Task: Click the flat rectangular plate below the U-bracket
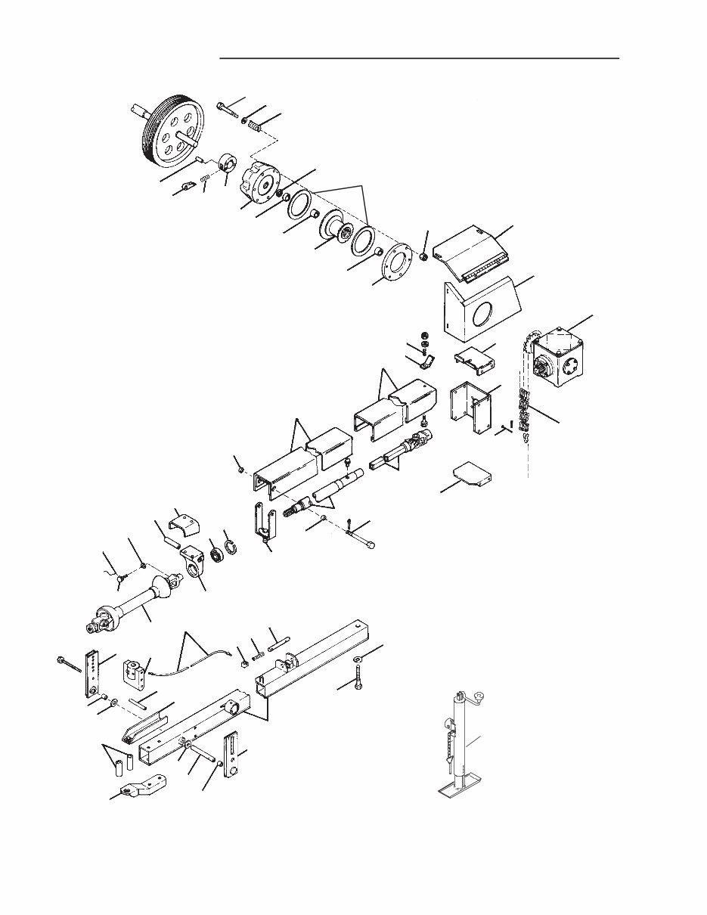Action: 470,476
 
